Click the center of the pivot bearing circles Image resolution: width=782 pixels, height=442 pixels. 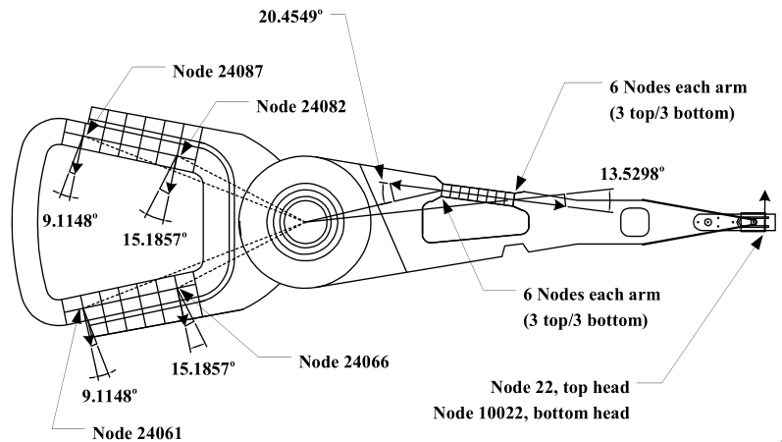pyautogui.click(x=303, y=221)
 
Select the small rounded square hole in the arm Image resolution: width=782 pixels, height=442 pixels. pyautogui.click(x=636, y=220)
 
